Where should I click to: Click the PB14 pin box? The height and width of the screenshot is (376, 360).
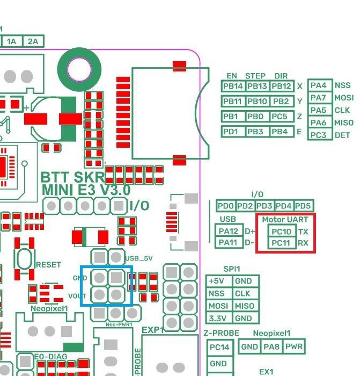click(x=233, y=86)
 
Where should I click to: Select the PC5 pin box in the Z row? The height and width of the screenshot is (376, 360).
click(x=281, y=117)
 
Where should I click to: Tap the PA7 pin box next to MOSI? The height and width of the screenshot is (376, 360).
click(x=319, y=98)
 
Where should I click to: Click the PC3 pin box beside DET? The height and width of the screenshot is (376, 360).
click(x=319, y=135)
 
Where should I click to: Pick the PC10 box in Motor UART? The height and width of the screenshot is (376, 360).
click(x=281, y=232)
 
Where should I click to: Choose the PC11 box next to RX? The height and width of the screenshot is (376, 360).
click(x=281, y=243)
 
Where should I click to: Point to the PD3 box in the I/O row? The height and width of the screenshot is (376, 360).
click(x=264, y=206)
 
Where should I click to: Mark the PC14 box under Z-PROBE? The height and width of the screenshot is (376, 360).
click(x=218, y=348)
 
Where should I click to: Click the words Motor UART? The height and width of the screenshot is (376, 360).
click(x=285, y=219)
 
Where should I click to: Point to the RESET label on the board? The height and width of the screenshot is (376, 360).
click(x=48, y=265)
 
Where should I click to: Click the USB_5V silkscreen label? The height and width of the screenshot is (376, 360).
click(x=139, y=258)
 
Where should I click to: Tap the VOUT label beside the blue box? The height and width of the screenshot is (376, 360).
click(x=78, y=296)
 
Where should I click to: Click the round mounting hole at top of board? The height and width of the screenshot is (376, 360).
click(x=79, y=68)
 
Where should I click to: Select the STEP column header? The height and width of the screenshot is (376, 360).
click(x=255, y=76)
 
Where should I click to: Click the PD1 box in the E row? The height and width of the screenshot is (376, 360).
click(x=233, y=132)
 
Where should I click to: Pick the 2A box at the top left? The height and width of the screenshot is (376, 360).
click(x=33, y=41)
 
